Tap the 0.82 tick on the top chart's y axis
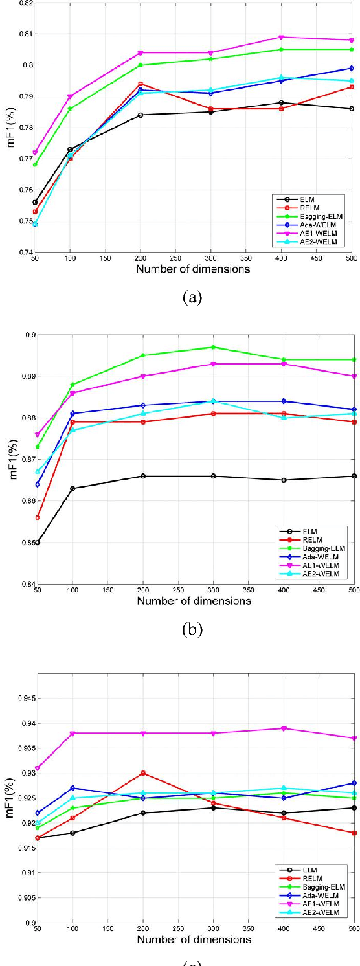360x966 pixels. click(24, 3)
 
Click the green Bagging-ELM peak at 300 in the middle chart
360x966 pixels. click(211, 347)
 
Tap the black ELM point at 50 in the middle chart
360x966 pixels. click(38, 543)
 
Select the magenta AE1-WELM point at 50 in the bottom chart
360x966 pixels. click(38, 769)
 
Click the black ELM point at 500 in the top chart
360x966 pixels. click(352, 109)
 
